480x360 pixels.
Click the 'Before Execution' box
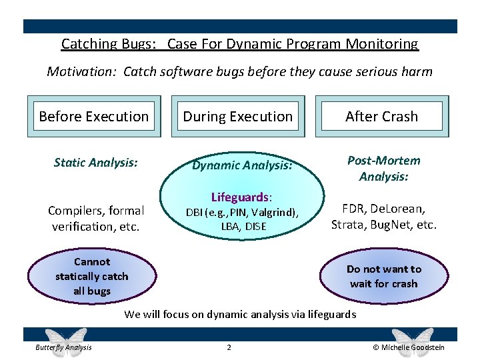(94, 117)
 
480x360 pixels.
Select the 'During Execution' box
(238, 117)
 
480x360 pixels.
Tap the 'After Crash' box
(382, 117)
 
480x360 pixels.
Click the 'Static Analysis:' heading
(96, 161)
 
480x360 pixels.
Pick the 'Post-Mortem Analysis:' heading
(384, 168)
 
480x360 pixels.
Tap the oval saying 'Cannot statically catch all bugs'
(92, 276)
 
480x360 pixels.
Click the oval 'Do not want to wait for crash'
(384, 276)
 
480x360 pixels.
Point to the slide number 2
(229, 347)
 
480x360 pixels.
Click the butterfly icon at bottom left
(65, 339)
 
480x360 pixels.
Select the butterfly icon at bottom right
(411, 339)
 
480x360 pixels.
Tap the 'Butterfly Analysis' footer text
(64, 347)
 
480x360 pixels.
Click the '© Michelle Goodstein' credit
(408, 347)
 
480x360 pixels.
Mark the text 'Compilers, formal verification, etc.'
(96, 219)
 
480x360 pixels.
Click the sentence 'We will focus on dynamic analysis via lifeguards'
(240, 314)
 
